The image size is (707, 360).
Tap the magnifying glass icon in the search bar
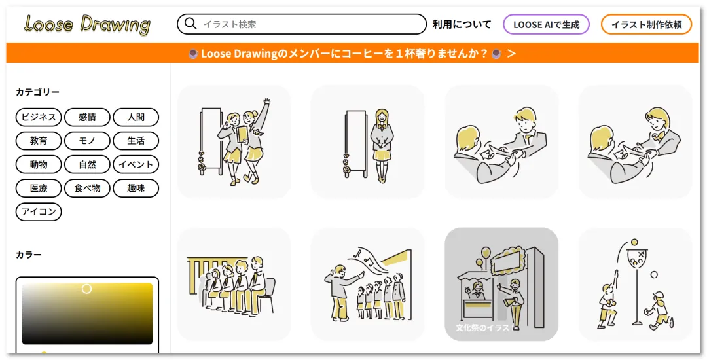[x=190, y=24]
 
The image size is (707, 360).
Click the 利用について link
[x=462, y=24]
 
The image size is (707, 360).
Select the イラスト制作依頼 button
[x=646, y=24]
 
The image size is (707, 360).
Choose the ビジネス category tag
[x=39, y=117]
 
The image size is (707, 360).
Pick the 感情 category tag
[x=87, y=117]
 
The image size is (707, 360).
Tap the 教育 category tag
[x=39, y=141]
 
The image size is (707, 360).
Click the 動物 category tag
[x=39, y=164]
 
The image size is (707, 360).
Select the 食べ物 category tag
[x=87, y=189]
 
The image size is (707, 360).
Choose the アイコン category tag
[x=39, y=212]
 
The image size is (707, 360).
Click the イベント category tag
[x=136, y=164]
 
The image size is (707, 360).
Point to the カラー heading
[x=28, y=255]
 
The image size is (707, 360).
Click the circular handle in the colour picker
[x=86, y=289]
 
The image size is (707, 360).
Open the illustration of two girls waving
[x=234, y=142]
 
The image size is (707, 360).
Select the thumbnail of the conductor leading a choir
[x=367, y=284]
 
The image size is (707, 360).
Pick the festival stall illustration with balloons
[x=501, y=284]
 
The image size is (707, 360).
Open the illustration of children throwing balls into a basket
[x=635, y=284]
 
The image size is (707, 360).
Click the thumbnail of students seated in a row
[x=234, y=284]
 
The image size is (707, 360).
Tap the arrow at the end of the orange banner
[x=511, y=54]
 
